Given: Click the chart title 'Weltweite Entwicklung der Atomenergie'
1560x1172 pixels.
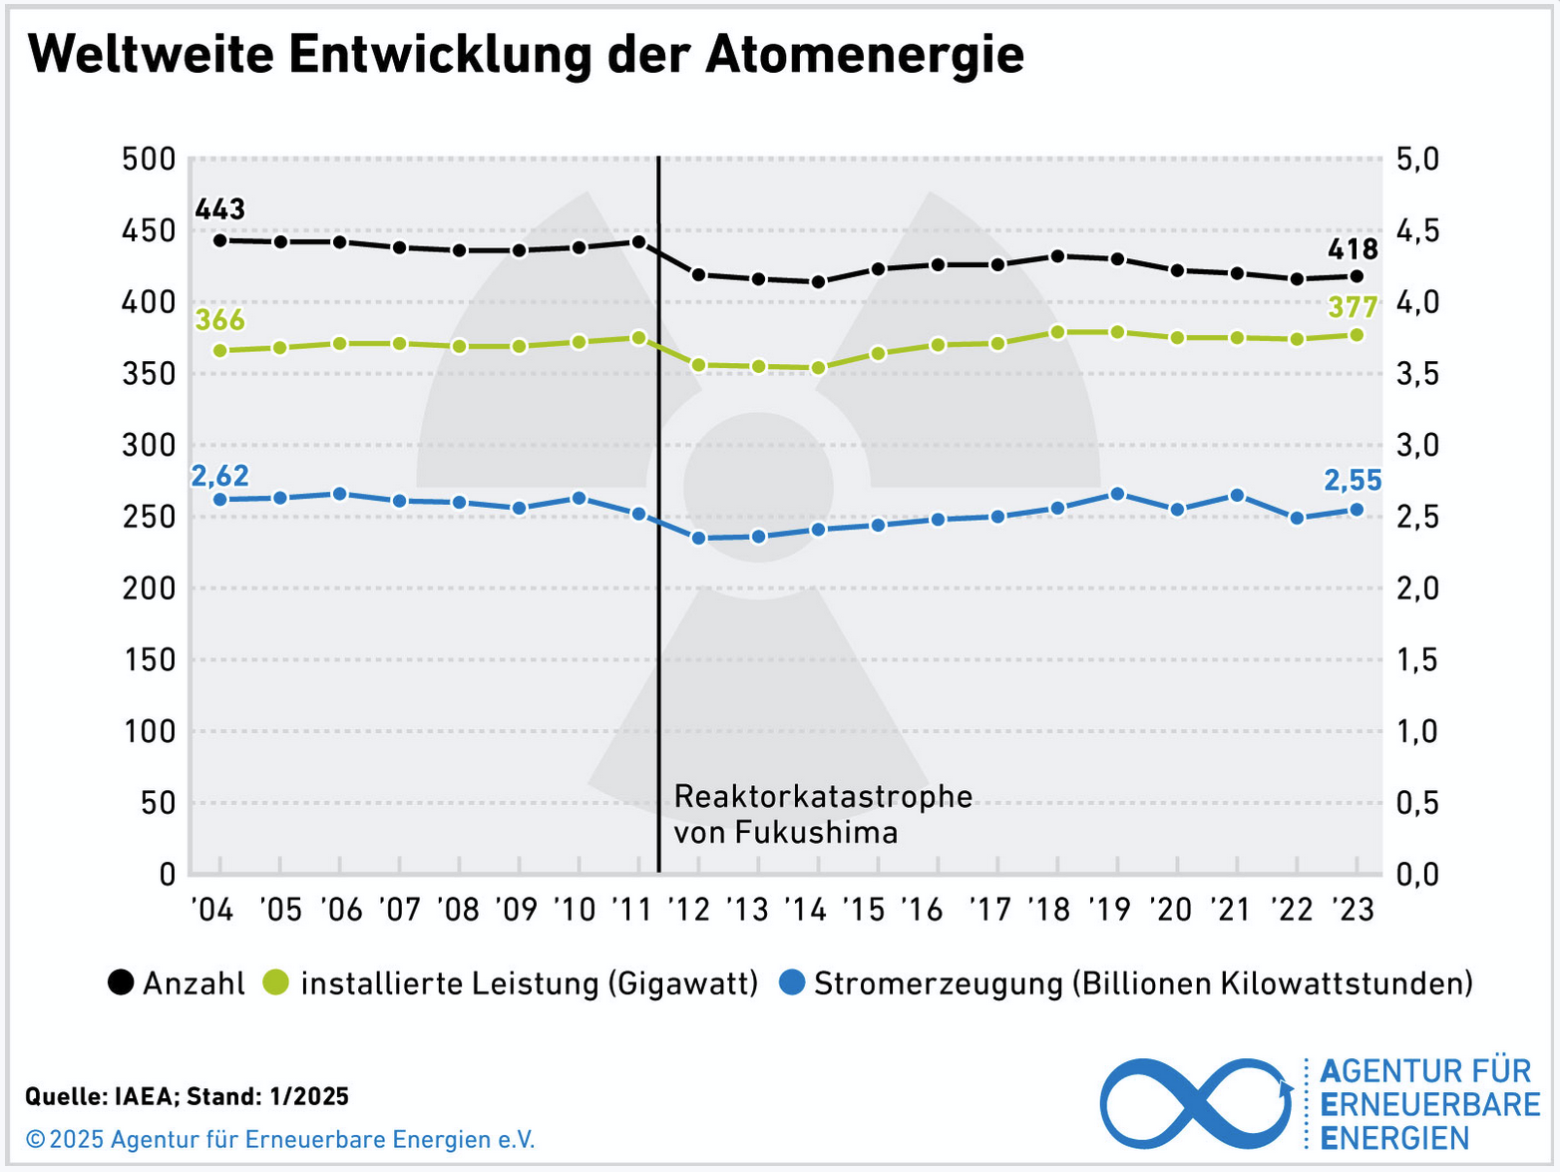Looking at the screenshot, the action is pos(526,56).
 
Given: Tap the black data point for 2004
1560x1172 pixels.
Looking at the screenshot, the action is pos(220,240).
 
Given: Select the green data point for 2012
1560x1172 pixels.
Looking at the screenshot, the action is pos(698,365).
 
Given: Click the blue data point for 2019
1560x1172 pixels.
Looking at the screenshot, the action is pos(1117,494).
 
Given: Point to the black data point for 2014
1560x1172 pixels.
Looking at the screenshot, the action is pos(818,281).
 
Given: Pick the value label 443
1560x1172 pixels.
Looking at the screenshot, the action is pos(220,208).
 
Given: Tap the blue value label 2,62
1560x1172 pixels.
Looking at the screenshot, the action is pos(220,475).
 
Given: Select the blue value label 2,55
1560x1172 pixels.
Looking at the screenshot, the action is pos(1353,481).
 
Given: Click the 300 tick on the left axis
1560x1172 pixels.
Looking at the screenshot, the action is pos(149,445).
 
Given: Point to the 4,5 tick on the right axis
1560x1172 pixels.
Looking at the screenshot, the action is pos(1417,231).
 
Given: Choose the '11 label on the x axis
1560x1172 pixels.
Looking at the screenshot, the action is pos(631,909).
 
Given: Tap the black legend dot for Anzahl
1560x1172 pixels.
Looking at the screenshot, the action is pos(121,982).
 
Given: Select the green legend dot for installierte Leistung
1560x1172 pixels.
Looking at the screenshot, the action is pos(275,982).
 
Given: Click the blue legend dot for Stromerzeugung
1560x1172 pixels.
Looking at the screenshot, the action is pos(792,982).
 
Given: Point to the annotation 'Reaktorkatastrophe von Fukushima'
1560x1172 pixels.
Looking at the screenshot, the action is pos(823,815).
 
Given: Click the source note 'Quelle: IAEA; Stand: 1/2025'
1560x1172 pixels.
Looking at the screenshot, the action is pos(187,1096).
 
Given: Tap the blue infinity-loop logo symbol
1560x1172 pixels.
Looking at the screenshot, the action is pos(1197,1103).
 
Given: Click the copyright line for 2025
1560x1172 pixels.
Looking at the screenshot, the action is pos(280,1139).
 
